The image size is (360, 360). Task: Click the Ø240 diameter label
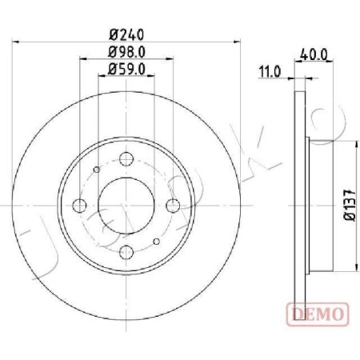pyautogui.click(x=128, y=35)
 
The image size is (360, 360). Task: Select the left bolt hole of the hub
pyautogui.click(x=79, y=205)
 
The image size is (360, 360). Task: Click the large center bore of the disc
pyautogui.click(x=128, y=205)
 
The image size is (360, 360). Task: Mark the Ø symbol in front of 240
pyautogui.click(x=113, y=35)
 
